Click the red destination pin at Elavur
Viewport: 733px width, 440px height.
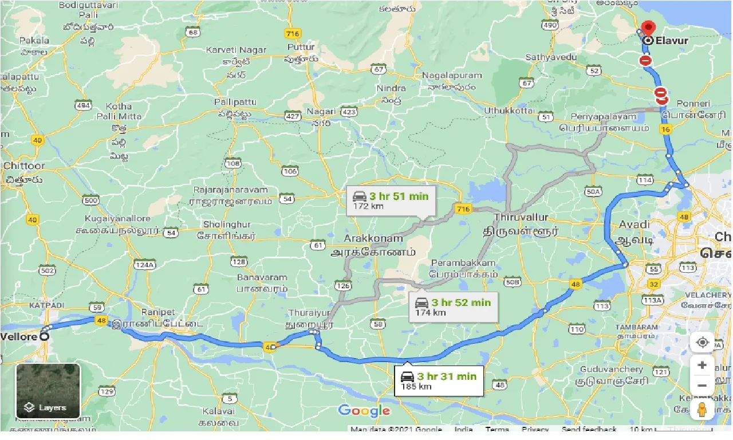pyautogui.click(x=648, y=27)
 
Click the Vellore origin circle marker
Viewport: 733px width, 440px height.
pyautogui.click(x=45, y=337)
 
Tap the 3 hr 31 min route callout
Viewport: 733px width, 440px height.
pyautogui.click(x=439, y=381)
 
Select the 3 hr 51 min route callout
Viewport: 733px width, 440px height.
pyautogui.click(x=391, y=200)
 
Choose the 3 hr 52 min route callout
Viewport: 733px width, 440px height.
pyautogui.click(x=453, y=307)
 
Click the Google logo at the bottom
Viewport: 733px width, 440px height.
pyautogui.click(x=364, y=411)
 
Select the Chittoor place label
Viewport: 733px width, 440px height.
pyautogui.click(x=23, y=166)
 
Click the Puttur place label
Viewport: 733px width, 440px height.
pyautogui.click(x=302, y=47)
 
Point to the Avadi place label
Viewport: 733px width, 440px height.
pyautogui.click(x=634, y=225)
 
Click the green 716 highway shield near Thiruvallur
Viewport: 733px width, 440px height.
pyautogui.click(x=463, y=209)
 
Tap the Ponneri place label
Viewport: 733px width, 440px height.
pyautogui.click(x=693, y=104)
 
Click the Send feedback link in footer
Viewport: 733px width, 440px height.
pyautogui.click(x=589, y=429)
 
